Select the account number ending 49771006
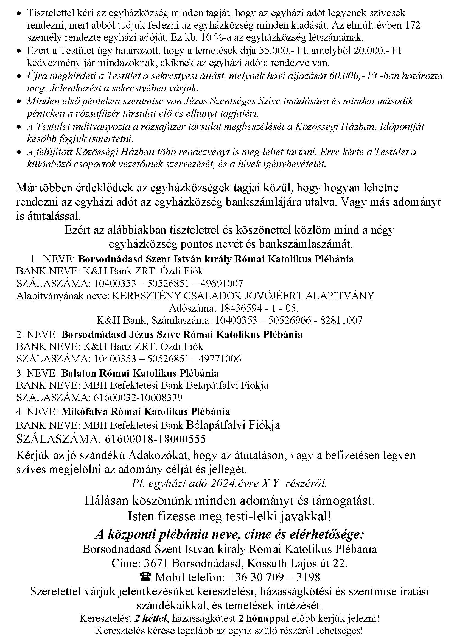point(167,359)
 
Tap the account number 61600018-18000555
point(155,439)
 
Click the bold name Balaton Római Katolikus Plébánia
point(140,373)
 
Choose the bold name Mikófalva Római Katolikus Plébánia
point(146,412)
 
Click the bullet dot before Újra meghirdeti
point(19,76)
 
